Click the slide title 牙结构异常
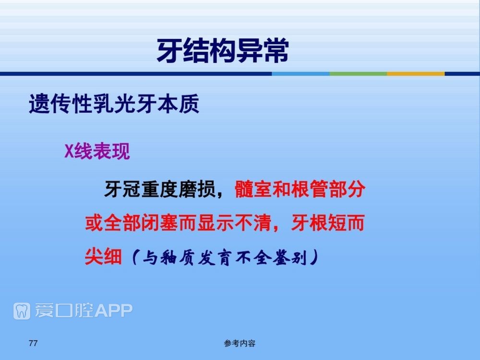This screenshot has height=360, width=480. coord(223,50)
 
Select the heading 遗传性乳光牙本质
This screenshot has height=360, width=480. coord(114,104)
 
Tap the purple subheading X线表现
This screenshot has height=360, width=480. coord(97,151)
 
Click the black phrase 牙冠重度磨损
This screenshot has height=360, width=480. coord(159,189)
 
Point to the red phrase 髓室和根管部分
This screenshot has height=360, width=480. coord(300,189)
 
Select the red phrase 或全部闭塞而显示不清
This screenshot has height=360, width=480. coord(178,223)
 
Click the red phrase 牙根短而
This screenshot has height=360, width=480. coord(327,223)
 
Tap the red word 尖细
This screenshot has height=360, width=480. coord(103,256)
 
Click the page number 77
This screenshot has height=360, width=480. coord(33,343)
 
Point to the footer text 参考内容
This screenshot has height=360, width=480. coord(240,344)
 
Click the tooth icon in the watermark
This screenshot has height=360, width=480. coord(22,311)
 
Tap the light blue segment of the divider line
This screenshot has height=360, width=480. coord(300,74)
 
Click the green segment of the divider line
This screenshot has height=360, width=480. coord(358,74)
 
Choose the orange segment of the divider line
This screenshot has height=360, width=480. coord(416,74)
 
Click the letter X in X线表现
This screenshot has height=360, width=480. coord(69,151)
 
